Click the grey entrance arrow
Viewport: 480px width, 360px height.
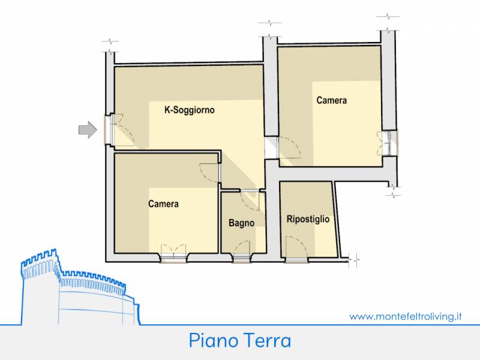[x=88, y=130]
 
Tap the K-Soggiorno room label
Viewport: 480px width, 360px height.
[x=190, y=110]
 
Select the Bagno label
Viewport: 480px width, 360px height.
[x=242, y=223]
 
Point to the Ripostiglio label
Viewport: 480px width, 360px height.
[x=308, y=219]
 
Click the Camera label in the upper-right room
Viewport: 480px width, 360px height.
[x=332, y=100]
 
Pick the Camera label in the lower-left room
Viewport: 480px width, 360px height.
[x=163, y=204]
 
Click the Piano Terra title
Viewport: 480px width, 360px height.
[x=239, y=341]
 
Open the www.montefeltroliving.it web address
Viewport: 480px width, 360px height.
[x=406, y=316]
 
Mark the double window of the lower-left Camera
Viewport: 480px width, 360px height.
[x=173, y=253]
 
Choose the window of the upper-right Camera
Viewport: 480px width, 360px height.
[x=388, y=143]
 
